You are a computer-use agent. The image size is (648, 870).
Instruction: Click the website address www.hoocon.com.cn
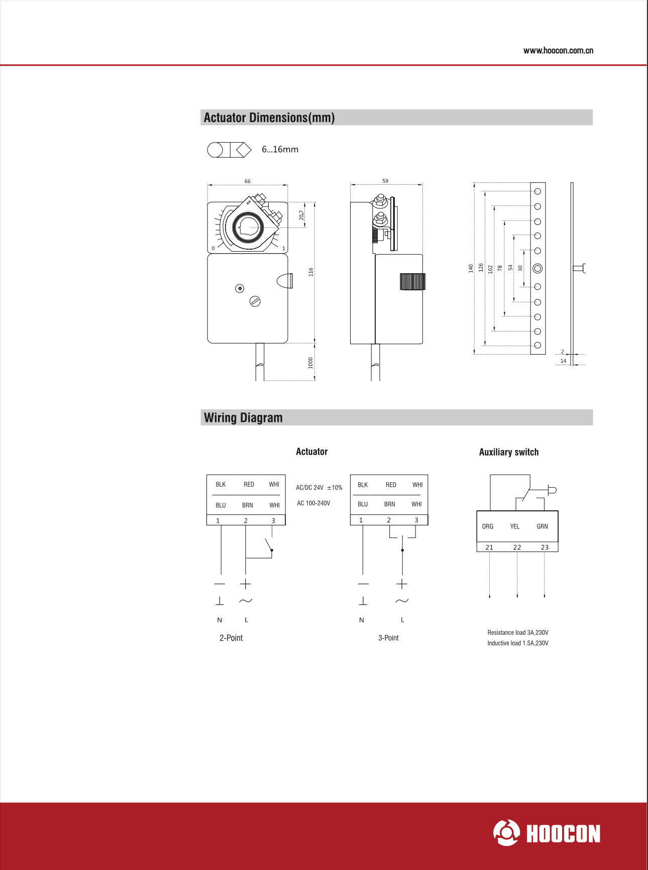pos(558,51)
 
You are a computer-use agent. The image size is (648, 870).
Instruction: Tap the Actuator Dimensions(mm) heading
pos(269,118)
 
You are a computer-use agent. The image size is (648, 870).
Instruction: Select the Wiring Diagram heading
pos(243,418)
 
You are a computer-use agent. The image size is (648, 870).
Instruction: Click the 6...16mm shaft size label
pos(280,150)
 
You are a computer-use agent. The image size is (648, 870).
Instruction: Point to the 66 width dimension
pos(248,181)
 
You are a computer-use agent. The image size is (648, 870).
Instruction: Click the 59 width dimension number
pos(385,181)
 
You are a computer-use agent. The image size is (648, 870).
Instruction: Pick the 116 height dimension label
pos(311,272)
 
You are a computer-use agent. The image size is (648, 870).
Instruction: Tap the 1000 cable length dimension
pos(310,363)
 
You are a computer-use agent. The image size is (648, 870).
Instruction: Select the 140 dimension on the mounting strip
pos(471,268)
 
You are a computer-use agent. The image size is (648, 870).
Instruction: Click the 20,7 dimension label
pos(301,215)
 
